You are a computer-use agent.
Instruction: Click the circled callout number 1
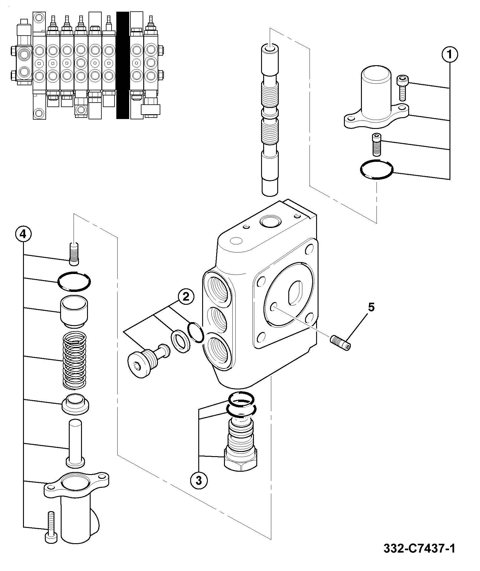[449, 54]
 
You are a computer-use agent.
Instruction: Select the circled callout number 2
[186, 297]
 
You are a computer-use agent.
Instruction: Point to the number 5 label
[371, 307]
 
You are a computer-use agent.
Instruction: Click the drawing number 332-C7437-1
[419, 549]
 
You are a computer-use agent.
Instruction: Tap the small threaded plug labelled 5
[341, 342]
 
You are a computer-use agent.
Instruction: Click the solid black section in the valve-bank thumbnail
[122, 65]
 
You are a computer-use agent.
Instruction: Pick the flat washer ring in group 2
[181, 341]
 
